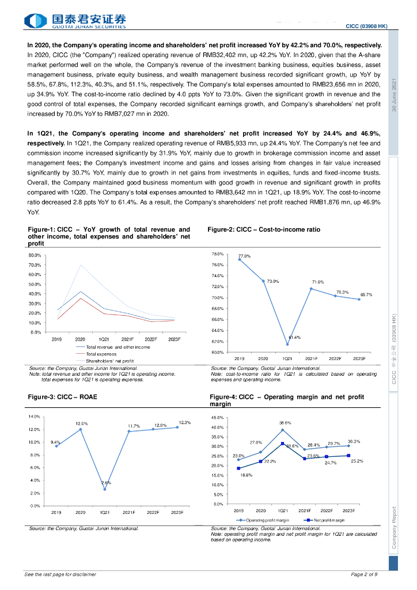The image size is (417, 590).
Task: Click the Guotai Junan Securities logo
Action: click(x=75, y=21)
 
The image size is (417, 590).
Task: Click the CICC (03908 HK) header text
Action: click(x=366, y=27)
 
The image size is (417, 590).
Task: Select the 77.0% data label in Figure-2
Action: click(x=244, y=256)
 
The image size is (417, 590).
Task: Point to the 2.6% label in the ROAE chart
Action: click(x=106, y=482)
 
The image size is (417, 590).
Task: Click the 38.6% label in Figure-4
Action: click(x=285, y=422)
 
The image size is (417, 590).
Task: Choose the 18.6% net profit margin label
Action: click(x=246, y=474)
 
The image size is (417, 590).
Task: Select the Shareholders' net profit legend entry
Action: click(x=109, y=361)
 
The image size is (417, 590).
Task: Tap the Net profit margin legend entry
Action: click(x=329, y=520)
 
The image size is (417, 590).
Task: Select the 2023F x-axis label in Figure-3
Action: click(x=176, y=512)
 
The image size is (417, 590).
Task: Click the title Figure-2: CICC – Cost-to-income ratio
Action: click(x=264, y=229)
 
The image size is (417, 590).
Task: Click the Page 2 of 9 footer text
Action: click(x=364, y=574)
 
